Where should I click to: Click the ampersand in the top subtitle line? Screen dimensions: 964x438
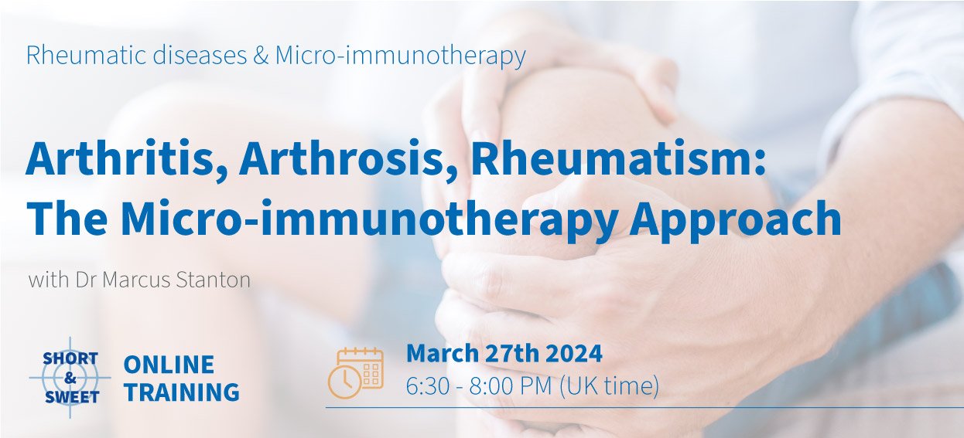(x=261, y=56)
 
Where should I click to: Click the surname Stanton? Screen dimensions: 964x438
(x=214, y=280)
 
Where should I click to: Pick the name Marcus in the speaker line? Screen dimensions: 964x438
(x=137, y=280)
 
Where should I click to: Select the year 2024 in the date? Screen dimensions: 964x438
(x=573, y=353)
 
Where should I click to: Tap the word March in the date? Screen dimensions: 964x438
(x=443, y=353)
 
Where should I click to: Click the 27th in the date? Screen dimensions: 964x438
(x=511, y=353)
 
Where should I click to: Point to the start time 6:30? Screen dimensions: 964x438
(x=427, y=385)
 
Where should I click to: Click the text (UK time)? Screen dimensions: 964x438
(x=609, y=385)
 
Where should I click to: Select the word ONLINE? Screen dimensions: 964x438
(x=169, y=365)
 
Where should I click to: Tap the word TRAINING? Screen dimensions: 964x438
(x=182, y=392)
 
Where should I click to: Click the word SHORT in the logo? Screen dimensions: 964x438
(x=70, y=358)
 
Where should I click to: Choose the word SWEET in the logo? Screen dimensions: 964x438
(x=72, y=398)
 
